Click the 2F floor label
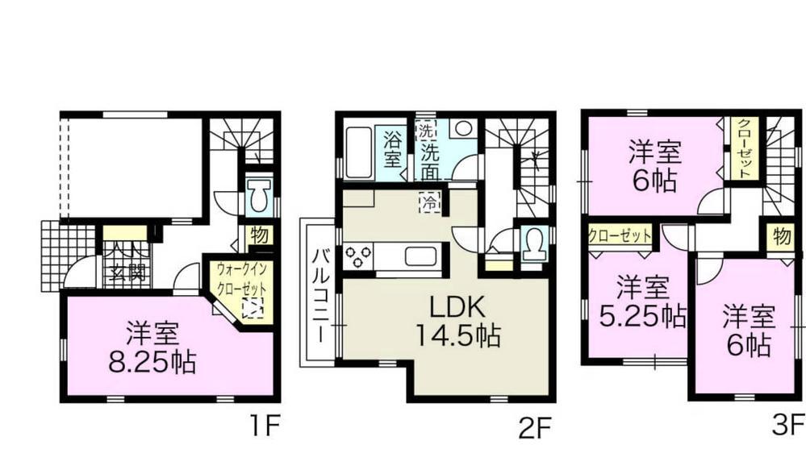click(534, 422)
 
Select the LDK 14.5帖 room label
click(455, 322)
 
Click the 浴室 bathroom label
click(393, 148)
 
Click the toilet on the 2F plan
click(533, 242)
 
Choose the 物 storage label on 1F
click(260, 236)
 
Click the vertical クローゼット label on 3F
click(744, 148)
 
